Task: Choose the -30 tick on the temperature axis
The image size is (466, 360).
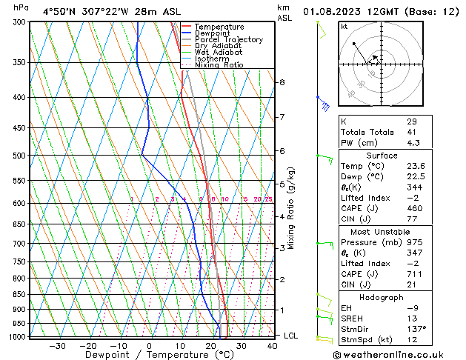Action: [57, 346]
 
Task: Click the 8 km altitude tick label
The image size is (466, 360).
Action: [282, 81]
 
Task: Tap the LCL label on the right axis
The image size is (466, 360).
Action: [291, 336]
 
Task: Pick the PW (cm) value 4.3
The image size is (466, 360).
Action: [413, 143]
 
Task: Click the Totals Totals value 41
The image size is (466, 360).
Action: [412, 132]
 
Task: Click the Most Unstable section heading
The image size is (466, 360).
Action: [382, 232]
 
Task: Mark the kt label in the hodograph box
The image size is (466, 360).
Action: [344, 27]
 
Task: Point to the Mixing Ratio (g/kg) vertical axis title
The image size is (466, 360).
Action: [291, 207]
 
